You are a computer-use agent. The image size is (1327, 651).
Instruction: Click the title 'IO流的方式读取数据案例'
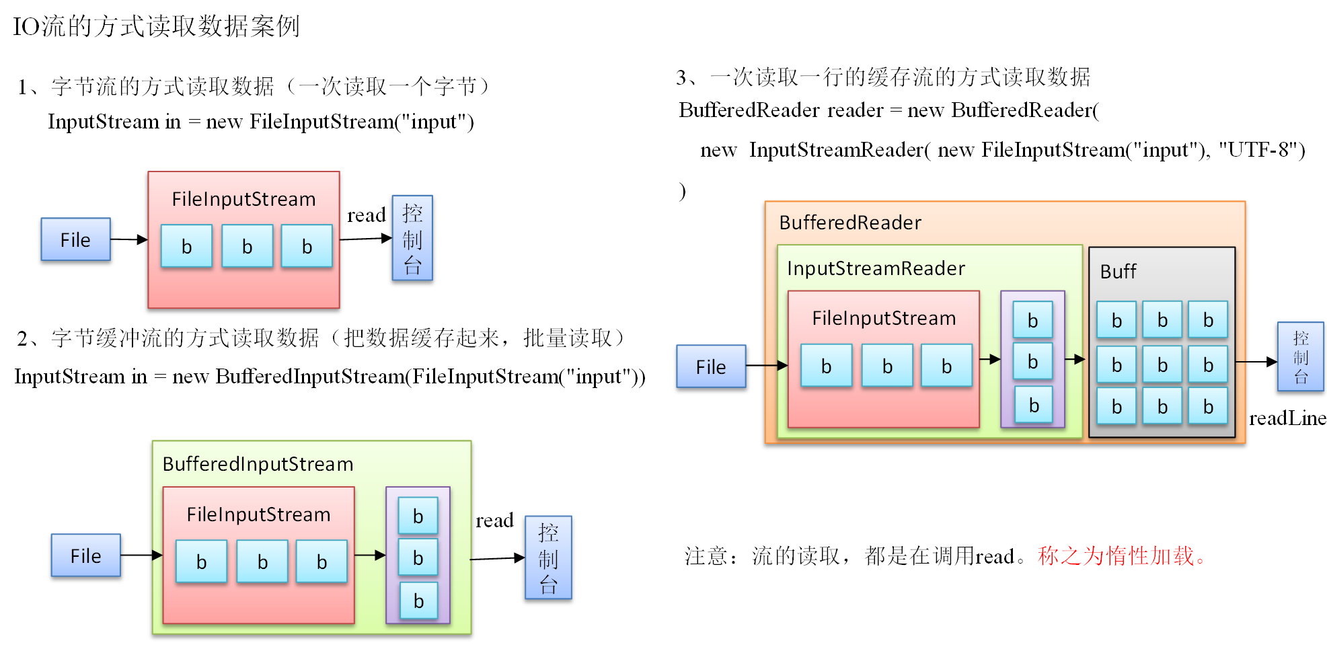point(156,27)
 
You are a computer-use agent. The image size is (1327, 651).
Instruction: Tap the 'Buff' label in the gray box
point(1118,272)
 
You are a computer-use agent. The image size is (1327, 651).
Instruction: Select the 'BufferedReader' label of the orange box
point(850,223)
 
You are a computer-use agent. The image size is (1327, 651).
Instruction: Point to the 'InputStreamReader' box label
point(876,268)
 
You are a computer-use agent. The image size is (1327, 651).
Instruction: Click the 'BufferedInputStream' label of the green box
point(258,464)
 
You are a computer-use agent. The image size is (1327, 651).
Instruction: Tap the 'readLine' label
point(1287,418)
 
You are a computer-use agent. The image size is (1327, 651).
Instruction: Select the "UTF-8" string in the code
point(1261,149)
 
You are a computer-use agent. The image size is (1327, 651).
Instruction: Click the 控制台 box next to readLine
point(1300,357)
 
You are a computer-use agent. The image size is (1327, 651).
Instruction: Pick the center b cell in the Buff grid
point(1162,365)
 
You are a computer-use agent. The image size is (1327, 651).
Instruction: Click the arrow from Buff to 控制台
point(1256,362)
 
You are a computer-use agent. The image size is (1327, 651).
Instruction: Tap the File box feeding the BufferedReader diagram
point(711,367)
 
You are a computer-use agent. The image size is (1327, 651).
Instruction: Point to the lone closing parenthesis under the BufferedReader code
point(683,191)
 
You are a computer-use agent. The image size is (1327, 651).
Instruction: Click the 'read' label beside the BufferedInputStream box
point(494,521)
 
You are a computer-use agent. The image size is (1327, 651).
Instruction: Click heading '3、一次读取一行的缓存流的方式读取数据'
point(883,77)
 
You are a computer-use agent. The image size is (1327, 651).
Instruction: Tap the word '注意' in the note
point(706,556)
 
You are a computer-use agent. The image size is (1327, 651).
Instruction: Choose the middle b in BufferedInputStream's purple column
point(418,558)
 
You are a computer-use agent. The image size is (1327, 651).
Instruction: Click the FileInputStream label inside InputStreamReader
point(884,318)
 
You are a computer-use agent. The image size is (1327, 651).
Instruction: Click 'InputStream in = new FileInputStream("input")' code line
point(261,122)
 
